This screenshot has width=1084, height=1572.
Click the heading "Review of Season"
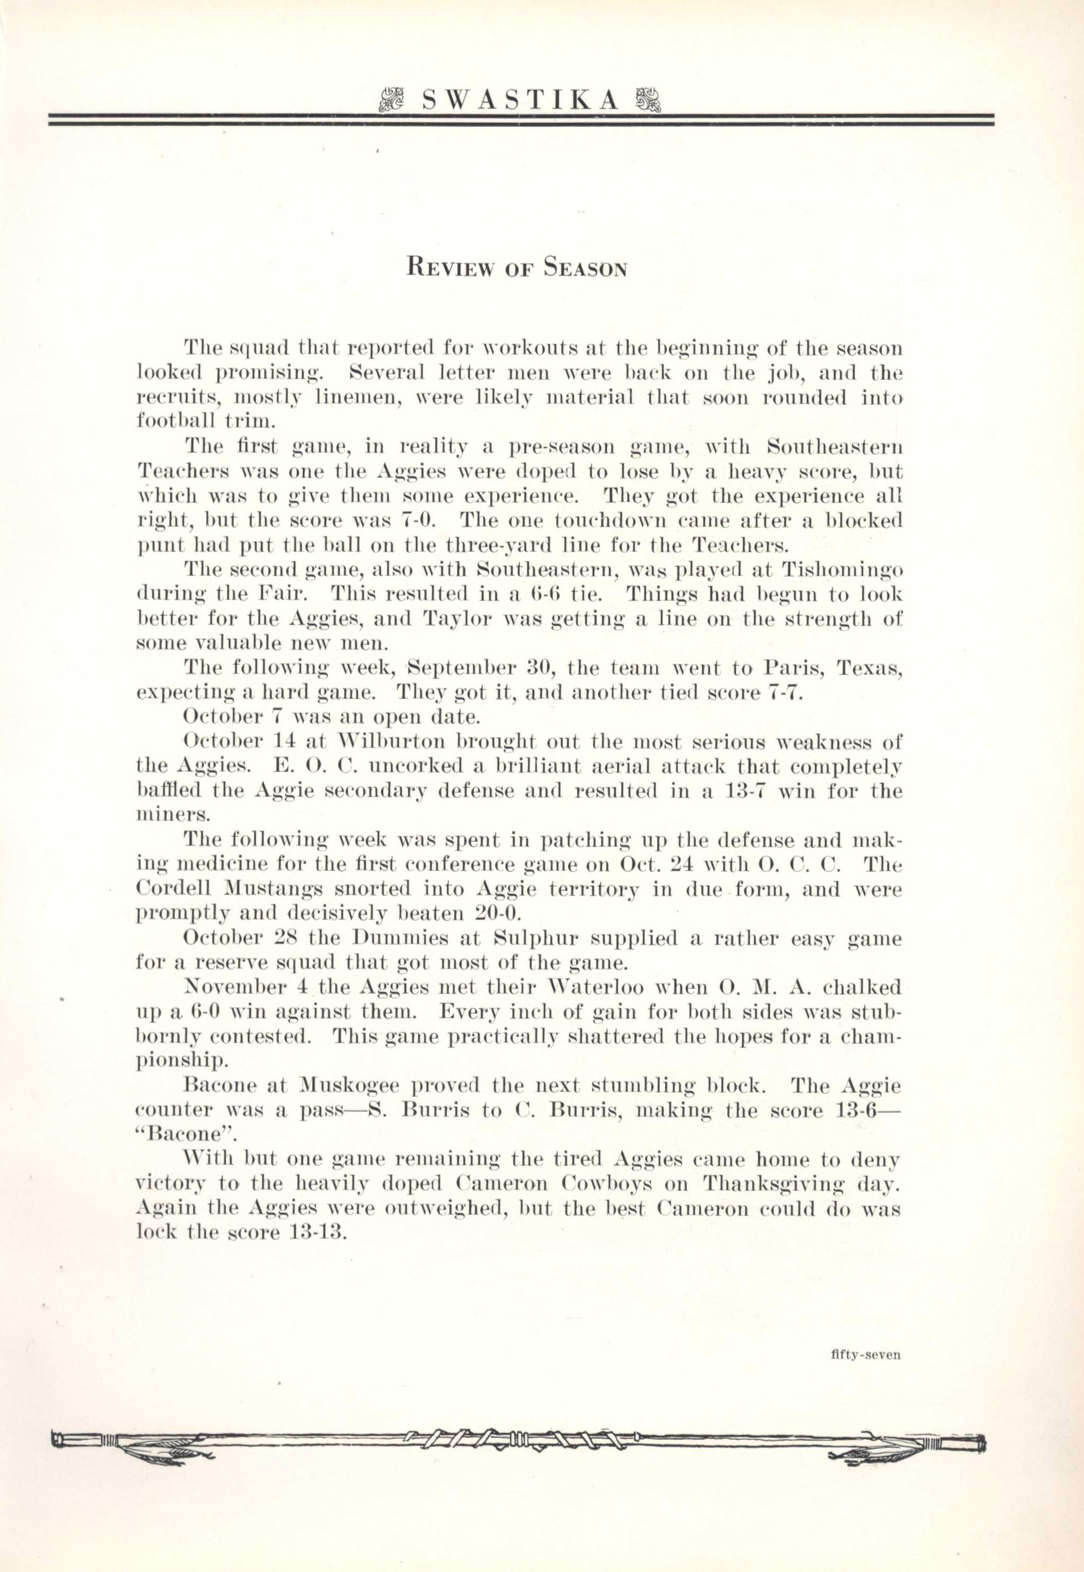click(516, 268)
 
